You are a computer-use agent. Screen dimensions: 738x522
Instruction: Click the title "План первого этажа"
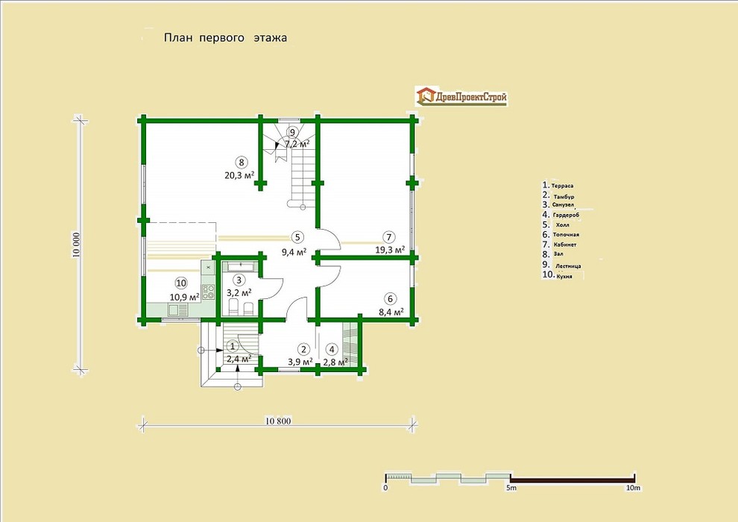[225, 38]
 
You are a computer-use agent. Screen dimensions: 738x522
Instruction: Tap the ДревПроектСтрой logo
[461, 96]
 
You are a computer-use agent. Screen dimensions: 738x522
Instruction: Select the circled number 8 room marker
[242, 163]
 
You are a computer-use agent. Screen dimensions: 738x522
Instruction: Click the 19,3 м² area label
[390, 250]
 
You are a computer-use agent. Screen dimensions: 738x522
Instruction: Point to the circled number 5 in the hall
[297, 237]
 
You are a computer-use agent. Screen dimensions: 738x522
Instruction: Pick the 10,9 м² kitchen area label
[185, 297]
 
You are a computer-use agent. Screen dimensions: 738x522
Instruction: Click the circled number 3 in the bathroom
[239, 280]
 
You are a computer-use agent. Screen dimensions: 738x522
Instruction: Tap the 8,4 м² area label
[391, 312]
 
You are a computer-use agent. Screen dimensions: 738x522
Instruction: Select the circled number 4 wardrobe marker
[332, 349]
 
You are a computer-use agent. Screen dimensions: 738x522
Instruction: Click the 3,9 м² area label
[300, 362]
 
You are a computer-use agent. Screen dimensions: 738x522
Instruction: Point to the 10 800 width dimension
[278, 421]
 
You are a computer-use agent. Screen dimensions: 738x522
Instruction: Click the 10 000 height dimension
[78, 245]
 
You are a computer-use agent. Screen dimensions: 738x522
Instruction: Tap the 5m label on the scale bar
[511, 488]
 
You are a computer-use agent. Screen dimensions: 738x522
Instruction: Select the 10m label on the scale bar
[633, 488]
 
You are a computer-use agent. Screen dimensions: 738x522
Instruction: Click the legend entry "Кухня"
[564, 277]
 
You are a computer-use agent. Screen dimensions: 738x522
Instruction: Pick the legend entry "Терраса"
[562, 186]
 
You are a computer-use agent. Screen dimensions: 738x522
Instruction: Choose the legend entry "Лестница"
[568, 266]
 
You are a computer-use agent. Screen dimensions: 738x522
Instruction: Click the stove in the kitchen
[209, 292]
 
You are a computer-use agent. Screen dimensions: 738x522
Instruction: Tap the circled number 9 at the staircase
[293, 132]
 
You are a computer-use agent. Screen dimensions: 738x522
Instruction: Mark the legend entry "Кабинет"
[565, 245]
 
